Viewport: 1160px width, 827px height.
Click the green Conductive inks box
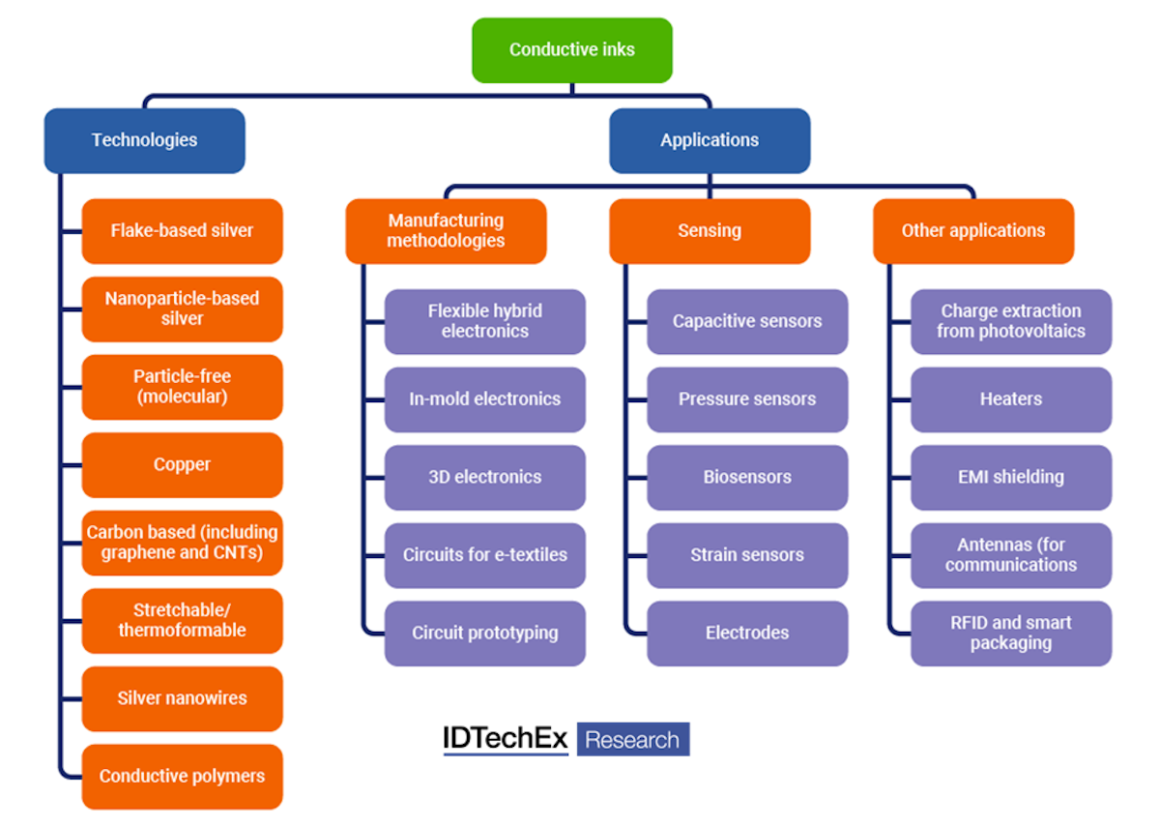coord(571,50)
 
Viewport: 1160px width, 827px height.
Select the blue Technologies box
coord(144,140)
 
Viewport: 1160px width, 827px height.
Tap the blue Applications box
coord(710,140)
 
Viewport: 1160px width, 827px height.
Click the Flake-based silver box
coord(182,231)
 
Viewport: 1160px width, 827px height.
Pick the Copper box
coord(182,465)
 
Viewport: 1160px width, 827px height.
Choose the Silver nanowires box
coord(182,698)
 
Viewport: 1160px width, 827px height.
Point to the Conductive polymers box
coord(182,777)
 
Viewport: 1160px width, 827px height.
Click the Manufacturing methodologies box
coord(446,231)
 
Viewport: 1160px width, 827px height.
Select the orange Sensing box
coord(710,231)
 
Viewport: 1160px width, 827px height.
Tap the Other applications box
coord(973,231)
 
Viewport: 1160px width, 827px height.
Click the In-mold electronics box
coord(484,399)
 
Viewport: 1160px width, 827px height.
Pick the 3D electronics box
coord(484,478)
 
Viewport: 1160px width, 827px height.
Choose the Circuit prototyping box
coord(484,634)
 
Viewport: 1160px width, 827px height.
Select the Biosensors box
coord(747,478)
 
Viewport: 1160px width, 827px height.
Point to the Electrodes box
coord(747,634)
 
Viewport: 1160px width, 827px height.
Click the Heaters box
coord(1011,399)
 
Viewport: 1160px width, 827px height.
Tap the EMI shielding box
coord(1011,478)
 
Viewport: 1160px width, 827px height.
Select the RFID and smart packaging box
coord(1011,634)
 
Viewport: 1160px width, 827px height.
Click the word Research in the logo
coord(633,741)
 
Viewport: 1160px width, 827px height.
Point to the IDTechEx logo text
coord(506,739)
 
